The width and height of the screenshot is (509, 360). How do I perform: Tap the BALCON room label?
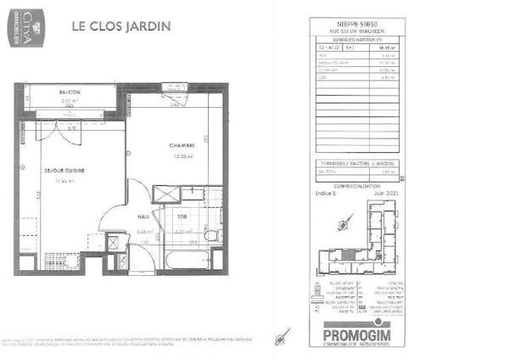[70, 92]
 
